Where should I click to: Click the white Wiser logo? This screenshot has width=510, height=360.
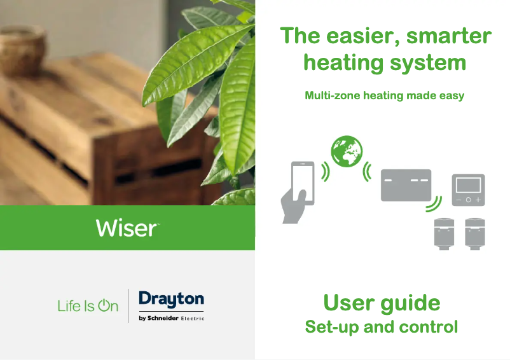tap(127, 228)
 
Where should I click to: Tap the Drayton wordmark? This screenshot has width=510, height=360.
tap(172, 300)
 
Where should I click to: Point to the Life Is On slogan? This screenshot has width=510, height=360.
tap(88, 306)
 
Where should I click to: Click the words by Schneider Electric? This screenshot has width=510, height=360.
tap(172, 318)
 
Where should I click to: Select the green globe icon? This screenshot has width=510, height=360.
tap(347, 151)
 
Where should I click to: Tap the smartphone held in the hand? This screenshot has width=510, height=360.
tap(303, 183)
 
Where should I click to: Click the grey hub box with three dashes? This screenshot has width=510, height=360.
tap(406, 185)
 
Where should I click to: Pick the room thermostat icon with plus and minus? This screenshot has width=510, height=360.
tap(469, 190)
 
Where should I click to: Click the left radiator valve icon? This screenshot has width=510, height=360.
tap(445, 234)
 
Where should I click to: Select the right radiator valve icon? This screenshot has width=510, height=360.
tap(475, 234)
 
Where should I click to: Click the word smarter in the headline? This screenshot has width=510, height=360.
tap(449, 36)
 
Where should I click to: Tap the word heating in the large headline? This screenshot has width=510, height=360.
tap(343, 63)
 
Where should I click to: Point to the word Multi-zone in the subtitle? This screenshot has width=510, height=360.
tap(333, 95)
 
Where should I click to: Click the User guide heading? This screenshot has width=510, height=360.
tap(382, 303)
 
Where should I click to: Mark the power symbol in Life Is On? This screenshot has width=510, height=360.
tap(104, 305)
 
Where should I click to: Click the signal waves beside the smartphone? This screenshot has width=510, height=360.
tap(325, 171)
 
